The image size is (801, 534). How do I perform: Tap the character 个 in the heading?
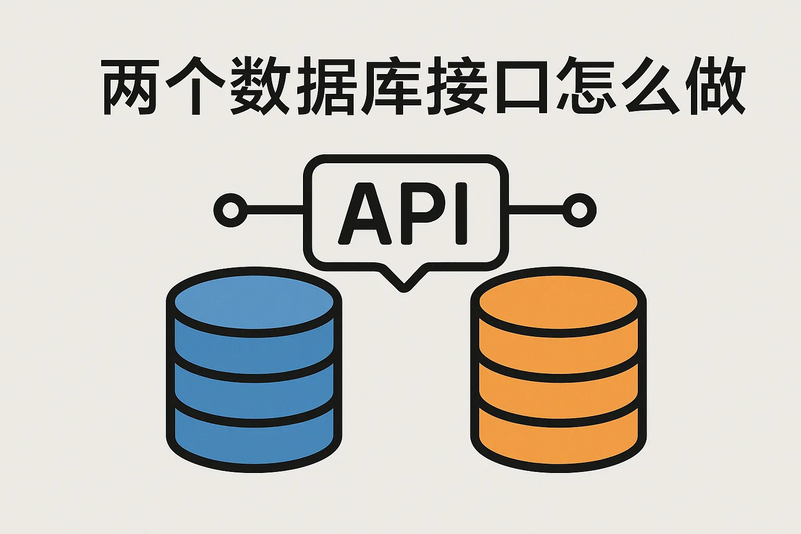coord(196,86)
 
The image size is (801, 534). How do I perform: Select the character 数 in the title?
coord(260,86)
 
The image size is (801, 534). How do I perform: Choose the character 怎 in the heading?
coord(585,86)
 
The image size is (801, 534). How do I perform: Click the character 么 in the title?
coord(651,86)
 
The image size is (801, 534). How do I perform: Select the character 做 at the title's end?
coord(715,86)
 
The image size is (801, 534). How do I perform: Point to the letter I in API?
coord(462,213)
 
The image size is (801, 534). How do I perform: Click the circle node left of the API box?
coord(230,210)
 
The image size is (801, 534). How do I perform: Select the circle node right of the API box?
coord(579,210)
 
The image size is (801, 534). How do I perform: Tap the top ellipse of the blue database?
coord(254,302)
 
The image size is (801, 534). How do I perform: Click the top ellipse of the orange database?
coord(558,302)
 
